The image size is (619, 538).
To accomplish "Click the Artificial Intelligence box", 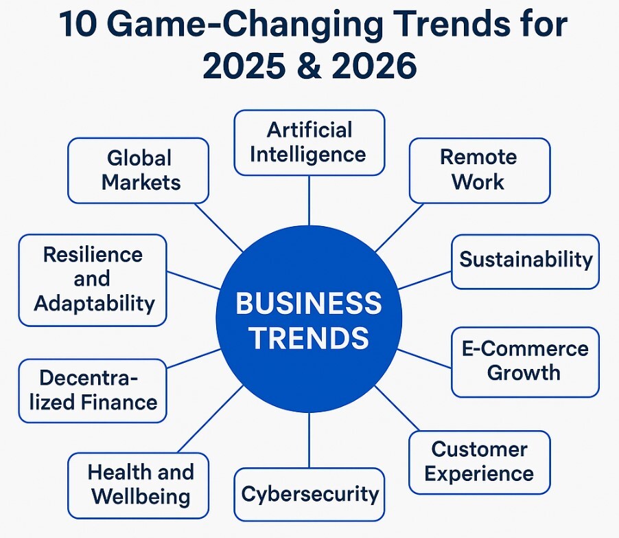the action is [309, 143].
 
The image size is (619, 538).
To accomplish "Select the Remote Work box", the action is [480, 171].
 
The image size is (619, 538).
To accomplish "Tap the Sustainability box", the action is [526, 262].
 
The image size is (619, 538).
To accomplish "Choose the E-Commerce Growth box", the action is [526, 361].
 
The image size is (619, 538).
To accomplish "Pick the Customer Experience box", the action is [480, 462].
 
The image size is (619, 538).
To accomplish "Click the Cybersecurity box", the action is [309, 495].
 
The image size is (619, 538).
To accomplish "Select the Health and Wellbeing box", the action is [138, 485].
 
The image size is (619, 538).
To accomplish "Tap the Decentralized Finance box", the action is [93, 391].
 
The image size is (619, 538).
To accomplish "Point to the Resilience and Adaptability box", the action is [93, 280].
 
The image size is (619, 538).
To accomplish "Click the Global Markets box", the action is [138, 171].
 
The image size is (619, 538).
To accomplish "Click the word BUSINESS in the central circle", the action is [309, 304].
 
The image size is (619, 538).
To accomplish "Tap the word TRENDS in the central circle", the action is [309, 338].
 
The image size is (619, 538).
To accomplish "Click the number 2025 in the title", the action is [244, 65].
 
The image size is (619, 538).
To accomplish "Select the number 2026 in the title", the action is [374, 65].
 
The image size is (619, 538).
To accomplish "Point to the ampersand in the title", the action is [309, 65].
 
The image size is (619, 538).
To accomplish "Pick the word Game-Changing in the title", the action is [245, 25].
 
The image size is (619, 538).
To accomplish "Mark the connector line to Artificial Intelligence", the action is [309, 201].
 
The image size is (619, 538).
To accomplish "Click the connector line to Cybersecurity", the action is [309, 440].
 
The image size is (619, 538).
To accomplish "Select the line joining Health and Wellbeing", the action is [211, 419].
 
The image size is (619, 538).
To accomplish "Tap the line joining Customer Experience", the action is [397, 408].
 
